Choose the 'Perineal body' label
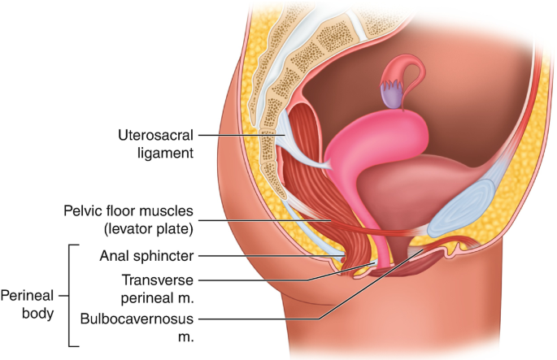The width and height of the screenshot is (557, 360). [30, 302]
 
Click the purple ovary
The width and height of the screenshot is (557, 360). [393, 97]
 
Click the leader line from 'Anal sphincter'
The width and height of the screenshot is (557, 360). [268, 256]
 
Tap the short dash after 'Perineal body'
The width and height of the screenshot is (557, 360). [65, 296]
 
